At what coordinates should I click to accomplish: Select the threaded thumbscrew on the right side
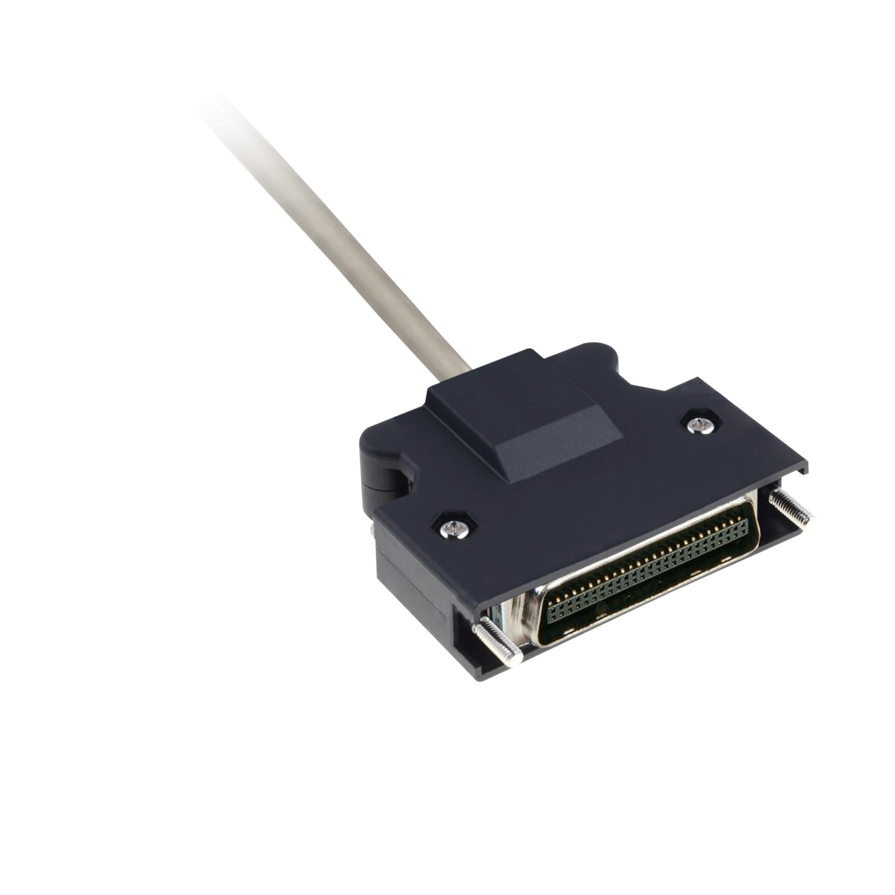(x=791, y=507)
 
